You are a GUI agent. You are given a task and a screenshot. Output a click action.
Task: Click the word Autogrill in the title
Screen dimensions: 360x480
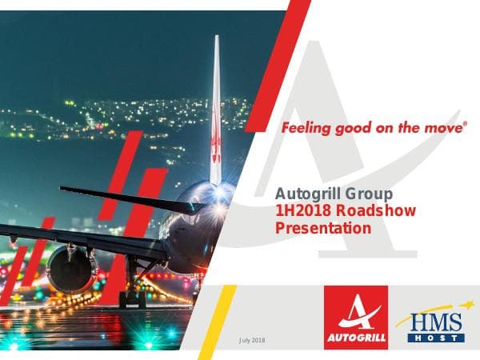click(306, 193)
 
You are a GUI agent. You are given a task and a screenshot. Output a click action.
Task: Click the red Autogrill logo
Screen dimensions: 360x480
click(356, 318)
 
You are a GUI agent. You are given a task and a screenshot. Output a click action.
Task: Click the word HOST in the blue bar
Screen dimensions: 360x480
click(436, 338)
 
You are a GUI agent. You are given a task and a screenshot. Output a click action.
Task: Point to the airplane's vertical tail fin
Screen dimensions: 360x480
click(215, 112)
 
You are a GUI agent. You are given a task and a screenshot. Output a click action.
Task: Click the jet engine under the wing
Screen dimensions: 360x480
click(70, 268)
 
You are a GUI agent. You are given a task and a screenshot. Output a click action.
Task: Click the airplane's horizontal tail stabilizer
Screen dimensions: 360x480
click(128, 198)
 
